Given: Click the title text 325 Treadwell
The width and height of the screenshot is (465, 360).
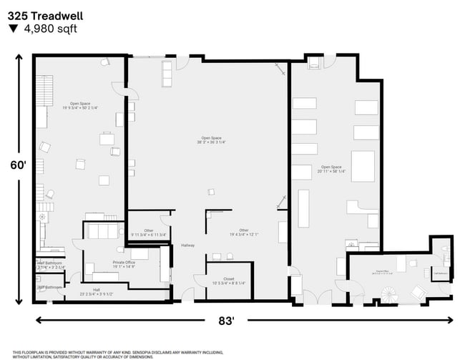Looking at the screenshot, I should coord(42,14).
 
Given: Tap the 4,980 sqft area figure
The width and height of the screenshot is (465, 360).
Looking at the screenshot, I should coord(49,29).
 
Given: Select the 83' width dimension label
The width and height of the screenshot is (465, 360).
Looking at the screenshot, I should coord(226,321).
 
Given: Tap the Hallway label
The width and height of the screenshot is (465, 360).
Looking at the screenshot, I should coord(187,245).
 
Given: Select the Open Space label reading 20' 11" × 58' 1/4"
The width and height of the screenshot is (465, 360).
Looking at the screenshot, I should coord(332,168).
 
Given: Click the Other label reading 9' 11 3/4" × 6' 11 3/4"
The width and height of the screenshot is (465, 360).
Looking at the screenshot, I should coord(148,232).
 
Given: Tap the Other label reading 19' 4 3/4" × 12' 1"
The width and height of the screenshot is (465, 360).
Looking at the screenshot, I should coord(243,232).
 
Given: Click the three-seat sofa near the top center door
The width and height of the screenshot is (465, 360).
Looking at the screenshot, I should coord(167,72).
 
